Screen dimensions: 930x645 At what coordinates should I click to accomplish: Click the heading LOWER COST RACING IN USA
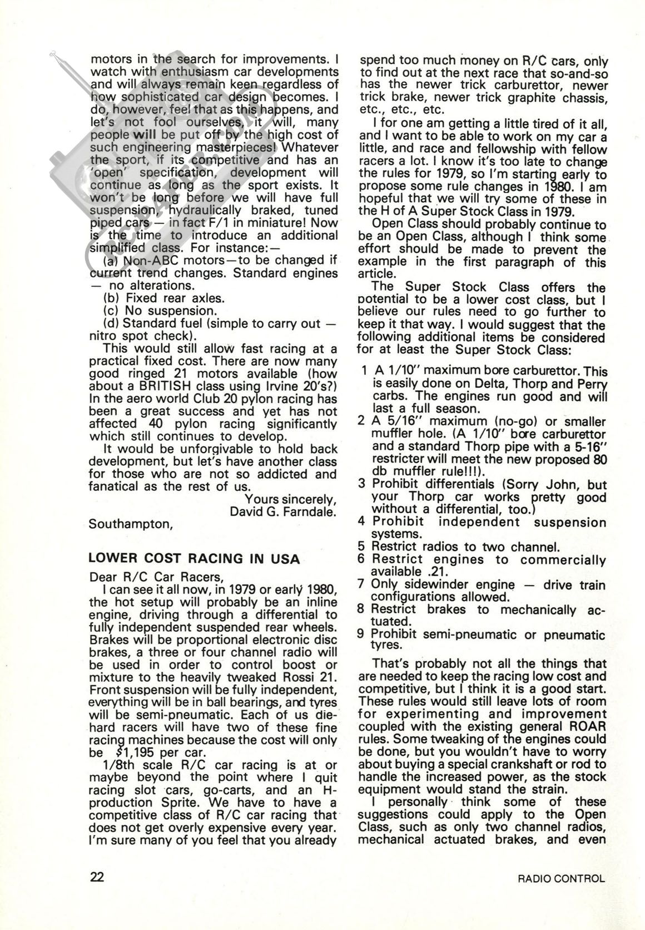point(194,558)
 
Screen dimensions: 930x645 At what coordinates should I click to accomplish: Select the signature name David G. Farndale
point(283,511)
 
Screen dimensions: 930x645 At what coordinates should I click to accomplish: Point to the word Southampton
point(130,524)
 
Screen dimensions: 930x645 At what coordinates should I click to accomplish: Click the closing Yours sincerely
point(291,499)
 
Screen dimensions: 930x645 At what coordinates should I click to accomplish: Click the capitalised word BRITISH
point(163,386)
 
